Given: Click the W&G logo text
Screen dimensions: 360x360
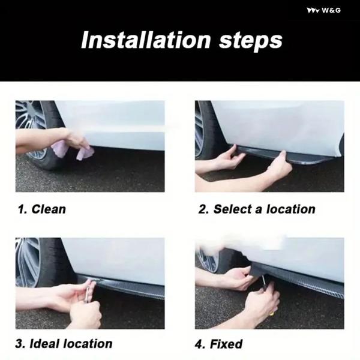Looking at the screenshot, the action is (x=331, y=10).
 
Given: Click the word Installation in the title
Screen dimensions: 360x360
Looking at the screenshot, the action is (x=146, y=40).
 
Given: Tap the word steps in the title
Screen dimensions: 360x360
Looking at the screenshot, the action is (x=250, y=41).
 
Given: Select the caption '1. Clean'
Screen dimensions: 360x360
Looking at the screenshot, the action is (x=42, y=209).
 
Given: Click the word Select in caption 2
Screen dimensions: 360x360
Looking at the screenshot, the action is (x=233, y=209).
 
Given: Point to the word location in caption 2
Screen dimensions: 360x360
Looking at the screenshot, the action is (x=290, y=209).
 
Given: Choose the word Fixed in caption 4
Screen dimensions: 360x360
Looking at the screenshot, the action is (x=226, y=344).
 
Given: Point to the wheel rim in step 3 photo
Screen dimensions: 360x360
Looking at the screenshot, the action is (x=26, y=262).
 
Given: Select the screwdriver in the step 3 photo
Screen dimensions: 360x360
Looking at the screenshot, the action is (x=88, y=291).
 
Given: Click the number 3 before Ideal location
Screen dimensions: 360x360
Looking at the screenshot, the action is (x=20, y=344).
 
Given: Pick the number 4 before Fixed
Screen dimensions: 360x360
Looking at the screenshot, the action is (x=199, y=344).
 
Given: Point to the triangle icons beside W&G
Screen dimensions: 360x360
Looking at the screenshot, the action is (x=313, y=11).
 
